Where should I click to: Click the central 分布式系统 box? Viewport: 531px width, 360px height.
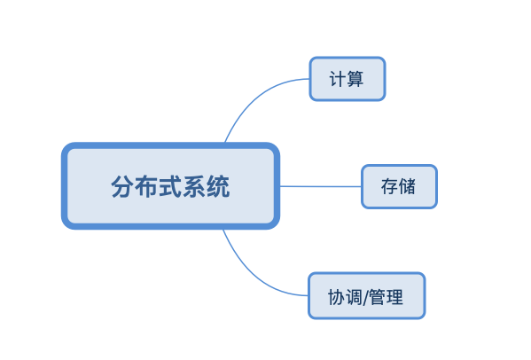coord(170,186)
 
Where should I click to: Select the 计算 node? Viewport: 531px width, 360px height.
coord(347,79)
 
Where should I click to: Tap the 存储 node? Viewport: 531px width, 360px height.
coord(399,186)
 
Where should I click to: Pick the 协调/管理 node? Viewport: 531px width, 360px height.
coord(367,295)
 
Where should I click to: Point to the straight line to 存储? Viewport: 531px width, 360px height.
coord(320,186)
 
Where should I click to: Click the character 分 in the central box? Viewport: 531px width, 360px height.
coord(122,186)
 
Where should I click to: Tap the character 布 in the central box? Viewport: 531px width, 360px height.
coord(146,186)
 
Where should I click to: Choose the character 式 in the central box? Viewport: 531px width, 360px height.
coord(170,186)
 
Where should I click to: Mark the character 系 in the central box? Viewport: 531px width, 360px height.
coord(194,186)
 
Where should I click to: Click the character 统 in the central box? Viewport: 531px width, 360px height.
coord(218,186)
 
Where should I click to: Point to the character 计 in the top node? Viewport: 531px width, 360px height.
coord(338,79)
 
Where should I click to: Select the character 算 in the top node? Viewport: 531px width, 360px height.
coord(355,79)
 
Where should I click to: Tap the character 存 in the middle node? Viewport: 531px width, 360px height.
coord(389,186)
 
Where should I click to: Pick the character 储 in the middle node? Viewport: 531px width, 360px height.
coord(407,186)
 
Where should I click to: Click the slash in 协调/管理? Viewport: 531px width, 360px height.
coord(366,297)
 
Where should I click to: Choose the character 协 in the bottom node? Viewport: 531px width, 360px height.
coord(336,297)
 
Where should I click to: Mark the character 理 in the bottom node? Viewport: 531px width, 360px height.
coord(394,297)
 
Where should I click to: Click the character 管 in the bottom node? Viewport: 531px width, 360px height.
coord(378,297)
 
